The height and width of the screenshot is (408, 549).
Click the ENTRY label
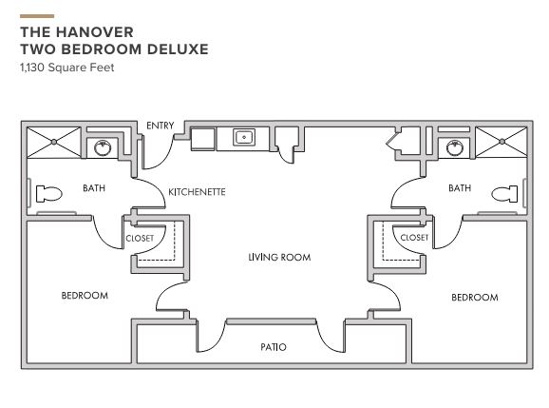coord(160,126)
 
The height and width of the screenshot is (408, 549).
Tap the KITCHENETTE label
coord(197,192)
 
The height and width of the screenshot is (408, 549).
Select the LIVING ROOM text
coord(279,258)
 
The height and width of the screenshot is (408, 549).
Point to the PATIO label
coord(274,347)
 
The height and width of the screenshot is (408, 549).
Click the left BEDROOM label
coord(85,296)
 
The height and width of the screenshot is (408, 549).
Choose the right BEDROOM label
coord(475,298)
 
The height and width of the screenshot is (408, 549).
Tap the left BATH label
coord(94,188)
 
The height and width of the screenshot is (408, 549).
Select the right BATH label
coord(460,188)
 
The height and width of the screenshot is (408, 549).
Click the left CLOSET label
coord(140,239)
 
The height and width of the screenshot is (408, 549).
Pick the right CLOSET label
coord(414,238)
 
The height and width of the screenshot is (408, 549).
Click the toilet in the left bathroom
coord(49,194)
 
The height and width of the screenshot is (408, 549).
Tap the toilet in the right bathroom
coord(504,194)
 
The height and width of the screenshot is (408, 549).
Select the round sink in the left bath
coord(103,148)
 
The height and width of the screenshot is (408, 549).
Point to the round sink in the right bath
coord(455,148)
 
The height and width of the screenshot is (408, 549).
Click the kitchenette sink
coord(244,137)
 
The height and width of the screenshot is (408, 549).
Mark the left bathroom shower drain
coord(54,142)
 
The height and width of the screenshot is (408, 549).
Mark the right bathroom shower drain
coord(502,142)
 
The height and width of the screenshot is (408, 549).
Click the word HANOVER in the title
coord(95,32)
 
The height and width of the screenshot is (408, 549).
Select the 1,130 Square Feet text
coord(67,67)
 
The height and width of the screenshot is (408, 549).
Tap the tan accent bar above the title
coord(37,16)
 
